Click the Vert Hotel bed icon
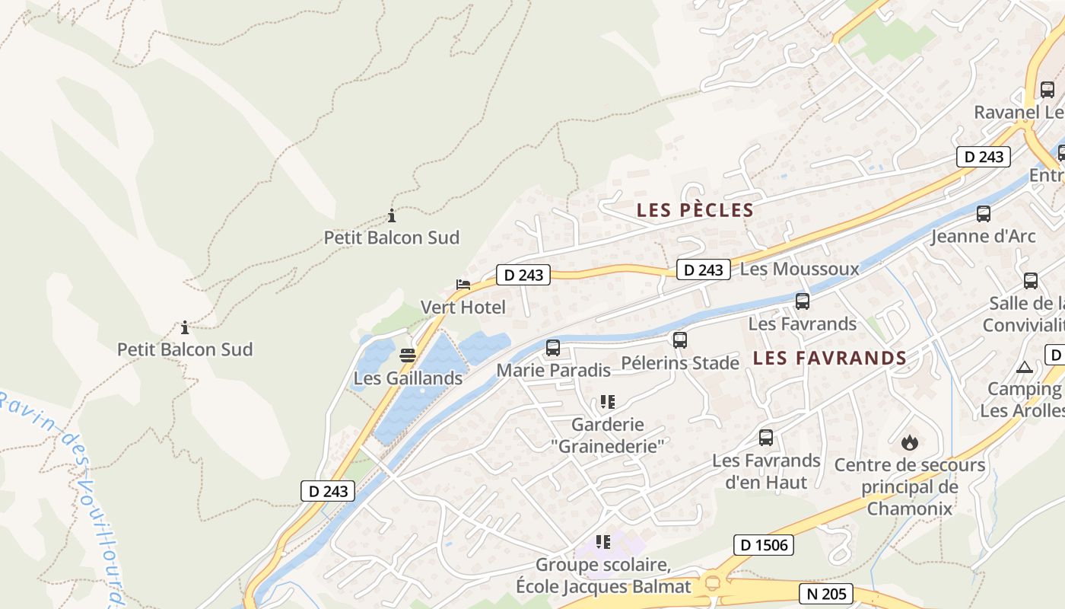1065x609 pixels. [463, 285]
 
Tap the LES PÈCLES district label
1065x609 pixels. [695, 210]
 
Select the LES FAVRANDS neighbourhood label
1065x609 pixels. [829, 358]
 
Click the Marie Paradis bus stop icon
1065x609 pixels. [553, 348]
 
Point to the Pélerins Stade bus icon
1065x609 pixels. [680, 340]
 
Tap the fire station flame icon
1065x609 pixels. [909, 442]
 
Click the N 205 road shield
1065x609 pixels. [825, 594]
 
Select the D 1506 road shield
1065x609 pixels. [764, 545]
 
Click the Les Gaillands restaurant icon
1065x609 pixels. [408, 356]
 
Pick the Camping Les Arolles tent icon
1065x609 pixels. [1025, 367]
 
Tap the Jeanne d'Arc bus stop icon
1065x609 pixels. [984, 214]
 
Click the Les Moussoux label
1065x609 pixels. [799, 269]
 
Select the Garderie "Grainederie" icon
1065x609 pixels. [607, 402]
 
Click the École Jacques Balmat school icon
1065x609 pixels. [603, 542]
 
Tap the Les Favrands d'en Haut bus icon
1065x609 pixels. [766, 438]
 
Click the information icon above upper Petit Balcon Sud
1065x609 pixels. [392, 215]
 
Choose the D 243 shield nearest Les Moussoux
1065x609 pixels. [703, 269]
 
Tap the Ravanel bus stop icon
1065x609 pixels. [1048, 90]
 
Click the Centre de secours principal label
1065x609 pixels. [910, 486]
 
